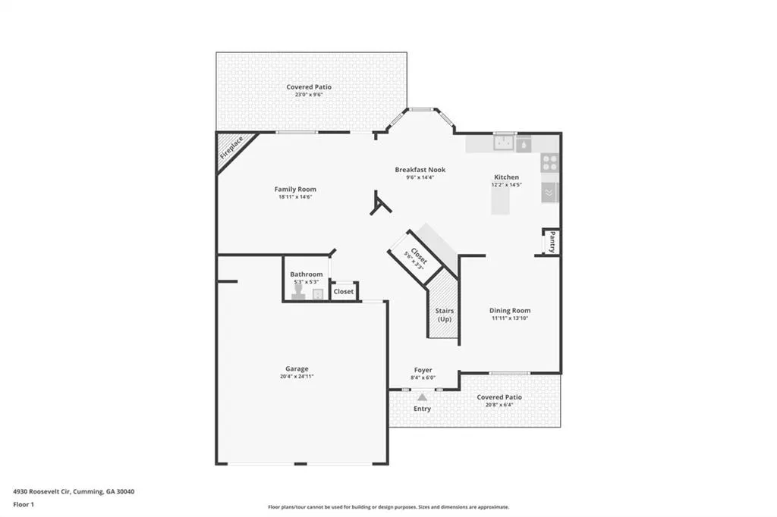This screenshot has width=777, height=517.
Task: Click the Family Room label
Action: tap(295, 190)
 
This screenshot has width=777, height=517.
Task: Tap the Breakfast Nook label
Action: tap(420, 170)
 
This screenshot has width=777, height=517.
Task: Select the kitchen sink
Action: tap(504, 143)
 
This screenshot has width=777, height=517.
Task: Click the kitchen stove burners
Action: tap(549, 162)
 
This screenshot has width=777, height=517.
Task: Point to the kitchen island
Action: tap(500, 201)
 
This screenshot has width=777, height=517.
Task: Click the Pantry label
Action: tap(552, 242)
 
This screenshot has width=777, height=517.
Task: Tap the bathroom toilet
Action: tap(298, 291)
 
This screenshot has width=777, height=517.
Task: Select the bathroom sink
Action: tap(318, 294)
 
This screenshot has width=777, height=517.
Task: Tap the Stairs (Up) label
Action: tap(445, 315)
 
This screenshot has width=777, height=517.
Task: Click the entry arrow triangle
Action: tap(422, 397)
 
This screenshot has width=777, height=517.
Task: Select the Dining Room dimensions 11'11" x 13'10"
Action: tap(510, 318)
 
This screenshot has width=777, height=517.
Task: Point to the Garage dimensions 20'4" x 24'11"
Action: tap(297, 376)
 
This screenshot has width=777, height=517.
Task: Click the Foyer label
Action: tap(423, 370)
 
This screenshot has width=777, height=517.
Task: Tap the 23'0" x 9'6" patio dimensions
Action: tap(309, 95)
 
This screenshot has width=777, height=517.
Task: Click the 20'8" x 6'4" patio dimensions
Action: tap(499, 405)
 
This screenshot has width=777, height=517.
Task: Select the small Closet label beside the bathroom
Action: tap(344, 292)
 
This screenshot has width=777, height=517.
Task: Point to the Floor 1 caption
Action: tap(24, 505)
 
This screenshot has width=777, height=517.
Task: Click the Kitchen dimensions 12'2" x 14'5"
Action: tap(506, 185)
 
